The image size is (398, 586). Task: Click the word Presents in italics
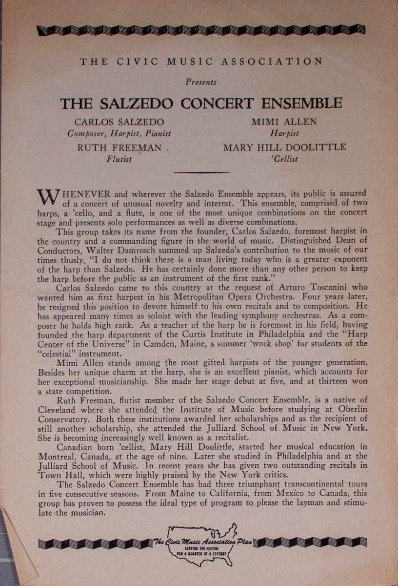tap(201, 82)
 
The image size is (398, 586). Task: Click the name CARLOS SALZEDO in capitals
tap(119, 122)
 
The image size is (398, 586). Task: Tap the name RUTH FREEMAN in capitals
tap(119, 148)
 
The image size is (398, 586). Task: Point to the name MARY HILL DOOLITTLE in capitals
tap(285, 147)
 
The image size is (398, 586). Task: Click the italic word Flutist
tap(119, 159)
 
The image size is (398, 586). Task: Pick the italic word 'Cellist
tap(285, 159)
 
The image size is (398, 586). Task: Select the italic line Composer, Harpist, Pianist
tap(119, 133)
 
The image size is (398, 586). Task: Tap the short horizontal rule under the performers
tap(201, 172)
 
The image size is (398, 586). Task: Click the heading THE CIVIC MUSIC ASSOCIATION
tap(201, 62)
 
